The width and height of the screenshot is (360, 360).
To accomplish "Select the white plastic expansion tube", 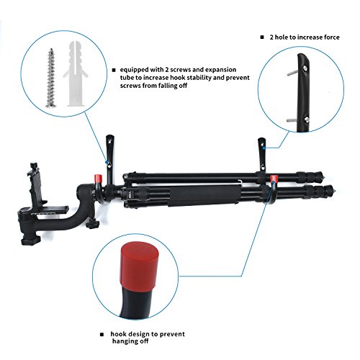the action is pos(76,73).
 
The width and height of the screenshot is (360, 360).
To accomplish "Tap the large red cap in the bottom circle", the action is pos(140,266).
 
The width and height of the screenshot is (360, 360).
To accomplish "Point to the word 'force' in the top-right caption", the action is pos(332,37).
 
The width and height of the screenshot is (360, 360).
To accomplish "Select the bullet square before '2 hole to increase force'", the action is pos(262,37).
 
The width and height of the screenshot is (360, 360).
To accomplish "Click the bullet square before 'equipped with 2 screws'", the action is pos(114,70).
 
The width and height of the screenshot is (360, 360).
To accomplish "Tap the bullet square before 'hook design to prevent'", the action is pos(102,334).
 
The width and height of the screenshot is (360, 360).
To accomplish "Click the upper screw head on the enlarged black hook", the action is pos(305,68).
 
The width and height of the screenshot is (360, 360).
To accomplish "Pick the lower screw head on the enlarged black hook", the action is pos(306,119).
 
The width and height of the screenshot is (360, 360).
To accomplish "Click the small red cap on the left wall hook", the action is pos(98,179).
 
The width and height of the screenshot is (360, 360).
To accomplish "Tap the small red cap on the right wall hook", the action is pos(274,179).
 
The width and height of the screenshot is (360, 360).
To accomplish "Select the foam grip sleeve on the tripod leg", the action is pos(204,195).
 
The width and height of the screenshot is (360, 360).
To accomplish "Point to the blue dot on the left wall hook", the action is pos(106,162).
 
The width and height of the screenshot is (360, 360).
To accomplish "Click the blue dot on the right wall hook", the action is pos(264,148).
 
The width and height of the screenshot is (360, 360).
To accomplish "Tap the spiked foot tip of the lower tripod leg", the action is pos(334,192).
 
